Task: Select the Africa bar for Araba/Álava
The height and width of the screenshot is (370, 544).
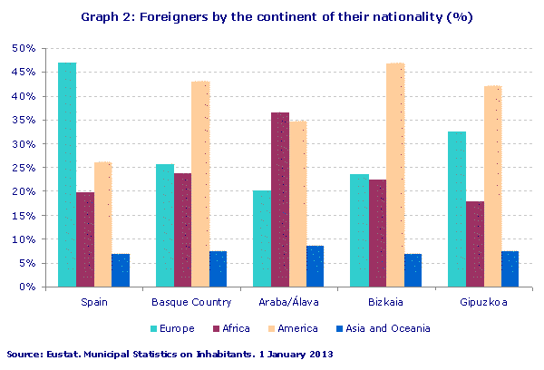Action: [280, 200]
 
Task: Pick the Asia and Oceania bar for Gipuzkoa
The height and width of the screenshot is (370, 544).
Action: [510, 269]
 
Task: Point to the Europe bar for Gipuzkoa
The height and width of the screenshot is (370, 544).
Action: [457, 209]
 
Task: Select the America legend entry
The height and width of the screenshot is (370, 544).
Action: [289, 328]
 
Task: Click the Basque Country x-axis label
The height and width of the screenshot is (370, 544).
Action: [191, 302]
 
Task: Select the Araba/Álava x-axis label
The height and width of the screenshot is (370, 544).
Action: [289, 302]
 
